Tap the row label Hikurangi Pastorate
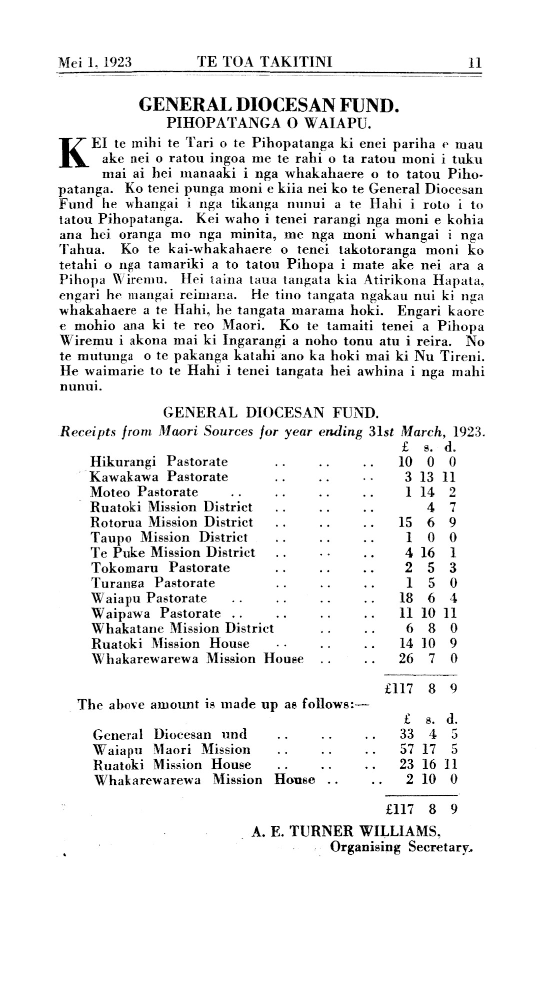coord(158,461)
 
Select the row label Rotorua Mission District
coord(171,522)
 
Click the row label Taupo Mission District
coord(169,538)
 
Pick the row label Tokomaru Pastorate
coord(160,568)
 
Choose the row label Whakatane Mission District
coord(182,628)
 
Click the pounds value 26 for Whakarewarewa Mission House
coord(405,658)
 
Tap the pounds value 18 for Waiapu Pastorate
coord(405,598)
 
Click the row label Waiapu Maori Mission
coord(171,749)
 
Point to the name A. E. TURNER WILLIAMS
coord(346,831)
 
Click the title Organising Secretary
coord(401,847)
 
